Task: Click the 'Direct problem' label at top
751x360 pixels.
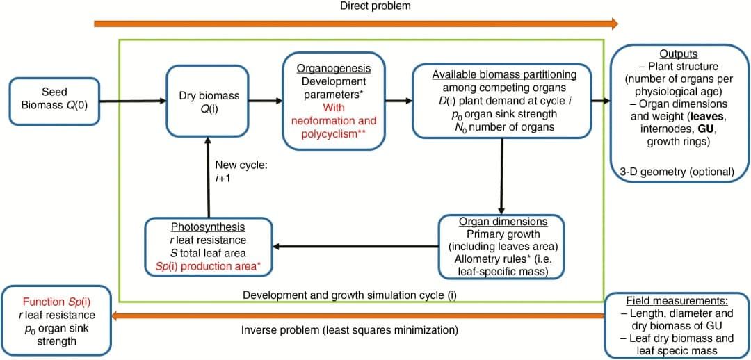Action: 375,6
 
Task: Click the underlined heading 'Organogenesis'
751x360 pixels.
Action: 333,68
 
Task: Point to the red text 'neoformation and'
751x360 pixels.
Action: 333,120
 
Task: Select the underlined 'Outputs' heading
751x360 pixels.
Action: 678,54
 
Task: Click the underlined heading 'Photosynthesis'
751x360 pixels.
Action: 209,227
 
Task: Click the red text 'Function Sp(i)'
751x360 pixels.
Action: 56,302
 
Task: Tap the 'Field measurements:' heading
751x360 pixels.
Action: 677,302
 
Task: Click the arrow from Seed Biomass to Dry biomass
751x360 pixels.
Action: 133,101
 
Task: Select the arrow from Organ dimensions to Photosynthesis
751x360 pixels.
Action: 355,246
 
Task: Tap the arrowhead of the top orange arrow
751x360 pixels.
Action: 612,24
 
